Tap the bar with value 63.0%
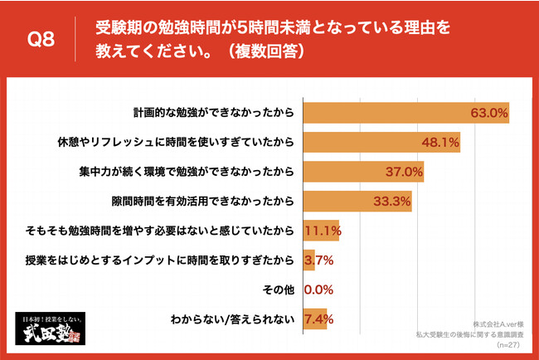[x=406, y=112]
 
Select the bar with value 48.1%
[x=381, y=142]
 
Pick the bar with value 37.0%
[x=363, y=172]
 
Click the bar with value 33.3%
[x=357, y=202]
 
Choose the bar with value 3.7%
[x=308, y=261]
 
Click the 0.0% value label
[x=319, y=291]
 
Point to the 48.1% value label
[x=441, y=143]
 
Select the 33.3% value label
[x=393, y=202]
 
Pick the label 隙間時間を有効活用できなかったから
[x=204, y=202]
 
